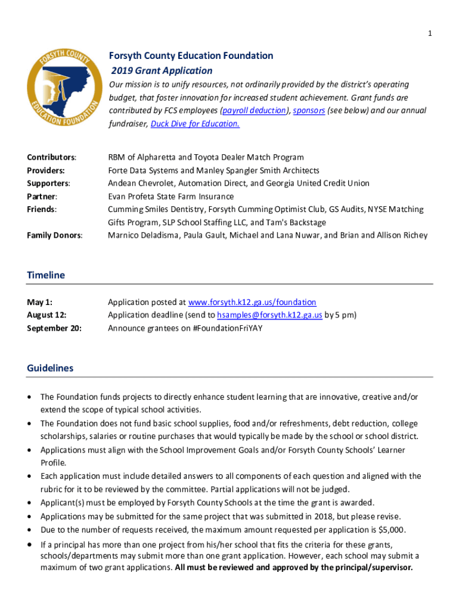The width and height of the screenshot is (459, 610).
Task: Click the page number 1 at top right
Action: point(429,33)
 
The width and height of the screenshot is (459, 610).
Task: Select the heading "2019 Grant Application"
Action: point(154,71)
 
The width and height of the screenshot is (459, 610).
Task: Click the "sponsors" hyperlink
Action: point(309,111)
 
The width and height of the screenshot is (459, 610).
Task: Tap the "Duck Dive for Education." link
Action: point(195,124)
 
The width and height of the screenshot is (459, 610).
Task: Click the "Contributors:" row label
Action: point(51,157)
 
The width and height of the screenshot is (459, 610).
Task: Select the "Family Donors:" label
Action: point(55,235)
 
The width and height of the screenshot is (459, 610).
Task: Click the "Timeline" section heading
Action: point(46,275)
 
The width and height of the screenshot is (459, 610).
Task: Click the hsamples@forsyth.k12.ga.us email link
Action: point(269,315)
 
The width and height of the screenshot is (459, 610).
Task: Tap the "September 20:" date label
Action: point(54,328)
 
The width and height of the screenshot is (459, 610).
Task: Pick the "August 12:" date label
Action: point(46,315)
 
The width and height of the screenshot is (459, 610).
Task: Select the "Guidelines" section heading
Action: point(50,368)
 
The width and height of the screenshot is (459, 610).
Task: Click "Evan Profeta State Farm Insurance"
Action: point(170,197)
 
